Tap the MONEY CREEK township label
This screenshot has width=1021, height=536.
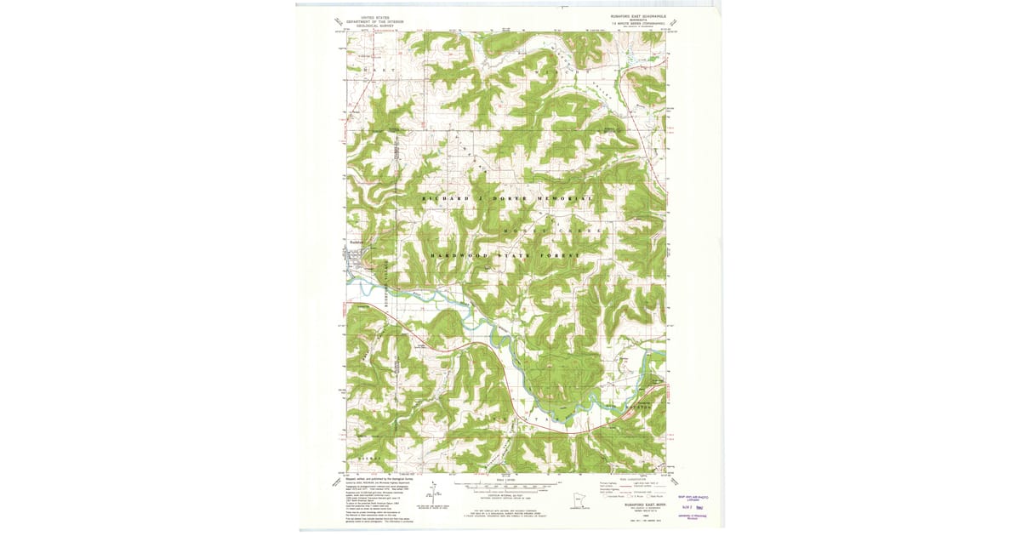pos(553,231)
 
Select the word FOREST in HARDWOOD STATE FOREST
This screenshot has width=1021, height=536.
pos(556,255)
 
